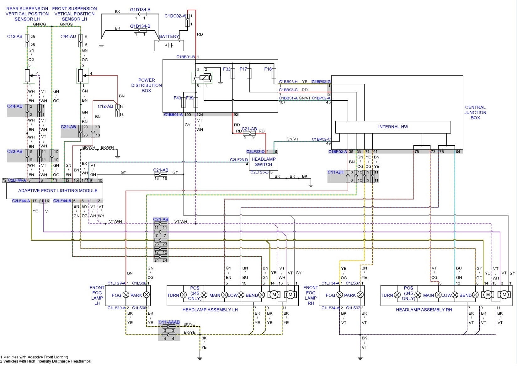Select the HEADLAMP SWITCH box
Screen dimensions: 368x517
pos(263,162)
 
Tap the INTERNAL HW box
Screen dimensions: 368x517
pos(393,127)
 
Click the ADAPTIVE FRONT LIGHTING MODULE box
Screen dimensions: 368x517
pos(55,191)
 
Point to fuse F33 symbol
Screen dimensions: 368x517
pos(233,74)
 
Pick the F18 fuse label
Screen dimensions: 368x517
pos(268,69)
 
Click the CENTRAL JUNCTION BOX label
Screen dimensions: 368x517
pos(475,113)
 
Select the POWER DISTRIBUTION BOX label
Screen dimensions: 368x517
pos(146,85)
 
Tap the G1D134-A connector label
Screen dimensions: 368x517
pos(140,10)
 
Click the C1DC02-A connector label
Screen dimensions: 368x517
pos(175,16)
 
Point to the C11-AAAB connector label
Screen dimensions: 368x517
pos(169,322)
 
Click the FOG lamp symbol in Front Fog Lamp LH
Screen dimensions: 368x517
pos(126,295)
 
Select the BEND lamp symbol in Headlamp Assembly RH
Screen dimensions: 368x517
pos(475,295)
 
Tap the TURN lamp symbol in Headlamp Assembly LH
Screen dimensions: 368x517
pos(184,295)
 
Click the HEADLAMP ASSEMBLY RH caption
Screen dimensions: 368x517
pos(424,310)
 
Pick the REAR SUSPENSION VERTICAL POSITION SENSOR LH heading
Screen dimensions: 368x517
pos(27,14)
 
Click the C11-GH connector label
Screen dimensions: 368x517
pos(335,172)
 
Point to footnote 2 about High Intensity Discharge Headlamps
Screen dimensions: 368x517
pos(45,361)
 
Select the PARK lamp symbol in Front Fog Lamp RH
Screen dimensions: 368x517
pos(360,295)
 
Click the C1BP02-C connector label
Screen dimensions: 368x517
pos(321,139)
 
